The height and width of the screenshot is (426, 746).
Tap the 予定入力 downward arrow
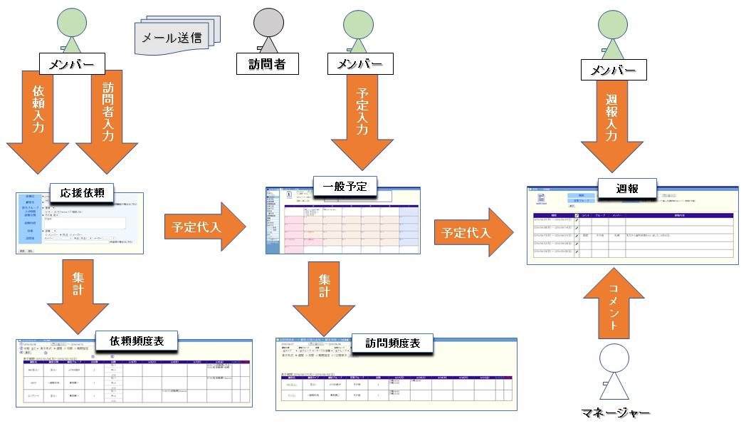click(x=362, y=118)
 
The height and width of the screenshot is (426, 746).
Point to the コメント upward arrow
click(x=612, y=306)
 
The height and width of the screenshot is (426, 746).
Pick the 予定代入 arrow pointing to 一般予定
click(x=204, y=227)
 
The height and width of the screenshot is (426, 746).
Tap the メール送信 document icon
click(x=177, y=36)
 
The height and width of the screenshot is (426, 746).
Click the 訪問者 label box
click(x=267, y=65)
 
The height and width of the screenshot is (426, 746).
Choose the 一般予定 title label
click(x=345, y=187)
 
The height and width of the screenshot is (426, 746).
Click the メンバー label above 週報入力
click(x=614, y=70)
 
